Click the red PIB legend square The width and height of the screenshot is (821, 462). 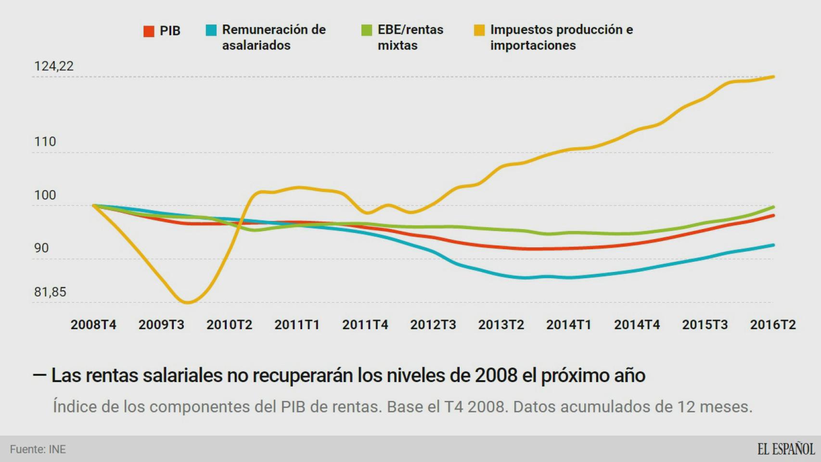149,31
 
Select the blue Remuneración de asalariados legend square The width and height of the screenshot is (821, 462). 211,30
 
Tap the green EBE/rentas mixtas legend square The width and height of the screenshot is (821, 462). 367,30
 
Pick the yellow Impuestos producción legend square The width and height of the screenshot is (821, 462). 479,30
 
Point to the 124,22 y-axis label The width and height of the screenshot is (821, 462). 53,66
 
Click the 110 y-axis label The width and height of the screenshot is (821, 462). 45,142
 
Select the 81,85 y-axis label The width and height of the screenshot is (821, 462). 50,292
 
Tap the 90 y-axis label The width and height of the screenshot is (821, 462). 41,248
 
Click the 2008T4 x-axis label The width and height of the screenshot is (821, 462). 93,325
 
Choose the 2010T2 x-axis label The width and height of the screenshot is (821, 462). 229,325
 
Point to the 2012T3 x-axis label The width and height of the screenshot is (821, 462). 433,325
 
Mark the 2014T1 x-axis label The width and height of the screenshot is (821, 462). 568,325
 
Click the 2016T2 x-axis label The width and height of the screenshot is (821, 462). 772,325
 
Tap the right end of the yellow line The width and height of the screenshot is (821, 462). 773,77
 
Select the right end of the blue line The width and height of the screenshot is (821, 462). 773,245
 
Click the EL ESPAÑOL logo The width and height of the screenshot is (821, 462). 786,449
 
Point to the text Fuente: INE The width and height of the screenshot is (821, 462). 38,449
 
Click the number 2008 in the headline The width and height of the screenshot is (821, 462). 496,375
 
